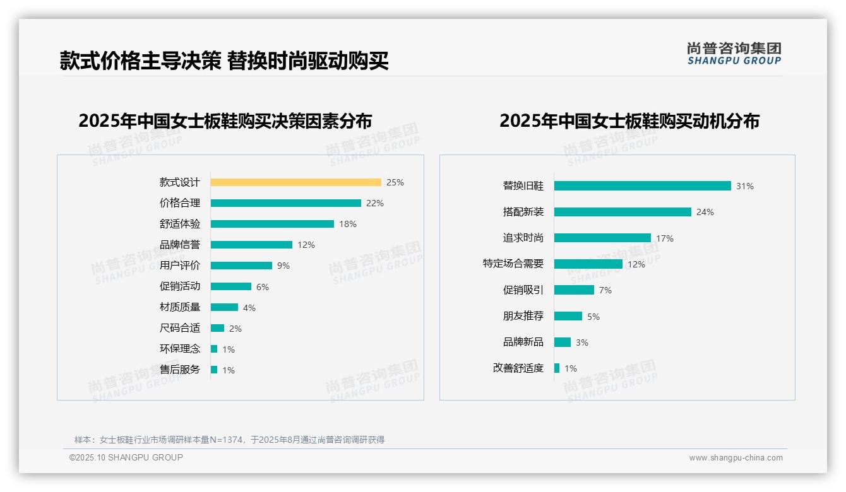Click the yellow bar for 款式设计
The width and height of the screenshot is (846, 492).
(x=295, y=182)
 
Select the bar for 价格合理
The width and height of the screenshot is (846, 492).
(x=285, y=203)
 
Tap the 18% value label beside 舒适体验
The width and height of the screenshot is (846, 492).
(x=348, y=224)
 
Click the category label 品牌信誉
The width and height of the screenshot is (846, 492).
(x=179, y=245)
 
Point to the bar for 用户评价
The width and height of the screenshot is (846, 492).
(x=241, y=266)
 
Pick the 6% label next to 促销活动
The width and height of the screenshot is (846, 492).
(x=263, y=287)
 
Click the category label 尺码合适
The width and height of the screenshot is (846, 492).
(x=179, y=328)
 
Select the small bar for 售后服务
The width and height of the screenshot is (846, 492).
(x=214, y=370)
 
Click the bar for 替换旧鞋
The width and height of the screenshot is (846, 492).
(x=642, y=186)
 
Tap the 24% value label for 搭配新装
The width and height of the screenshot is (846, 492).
(x=705, y=212)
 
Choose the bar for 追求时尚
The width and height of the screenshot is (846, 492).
(x=602, y=238)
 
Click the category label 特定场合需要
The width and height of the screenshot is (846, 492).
(x=513, y=264)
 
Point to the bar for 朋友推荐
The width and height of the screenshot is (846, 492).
(x=568, y=316)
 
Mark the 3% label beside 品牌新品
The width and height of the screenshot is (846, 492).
(x=582, y=343)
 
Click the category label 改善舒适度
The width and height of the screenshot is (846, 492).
(x=518, y=368)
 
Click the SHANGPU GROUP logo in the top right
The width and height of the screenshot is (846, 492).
(x=734, y=54)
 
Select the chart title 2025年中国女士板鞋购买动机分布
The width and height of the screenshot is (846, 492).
(x=629, y=121)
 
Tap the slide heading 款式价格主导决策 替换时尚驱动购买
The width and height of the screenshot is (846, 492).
(x=224, y=61)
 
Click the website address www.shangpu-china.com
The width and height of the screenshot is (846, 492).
(x=736, y=458)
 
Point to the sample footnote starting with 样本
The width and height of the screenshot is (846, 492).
(x=229, y=440)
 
